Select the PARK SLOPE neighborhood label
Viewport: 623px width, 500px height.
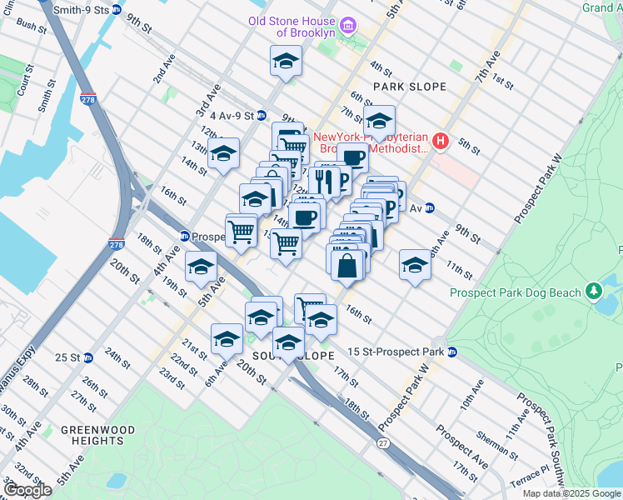(x=410, y=87)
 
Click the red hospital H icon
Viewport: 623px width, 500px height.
(x=441, y=142)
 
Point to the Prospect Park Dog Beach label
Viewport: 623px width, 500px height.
(x=515, y=292)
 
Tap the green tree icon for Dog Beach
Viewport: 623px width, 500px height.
(x=593, y=292)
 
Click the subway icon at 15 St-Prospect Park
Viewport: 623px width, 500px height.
(x=451, y=352)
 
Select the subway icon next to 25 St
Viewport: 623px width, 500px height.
(x=87, y=357)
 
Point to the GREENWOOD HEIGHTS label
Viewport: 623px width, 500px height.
(x=97, y=435)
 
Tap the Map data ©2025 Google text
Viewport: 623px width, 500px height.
(x=571, y=493)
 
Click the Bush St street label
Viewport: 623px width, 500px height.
(x=32, y=26)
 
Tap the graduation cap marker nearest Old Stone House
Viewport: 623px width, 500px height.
(x=286, y=60)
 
